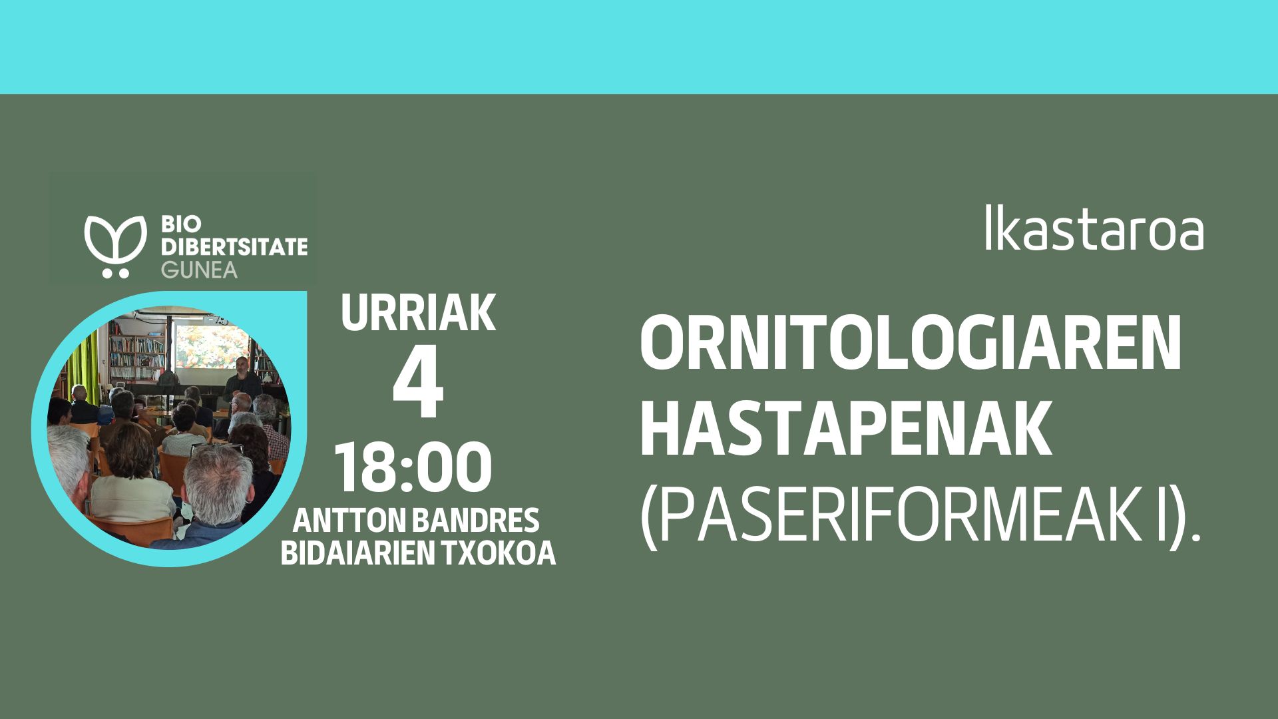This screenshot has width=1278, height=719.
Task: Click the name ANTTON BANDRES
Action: coord(417,521)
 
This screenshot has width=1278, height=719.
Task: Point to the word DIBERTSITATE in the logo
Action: coord(234,248)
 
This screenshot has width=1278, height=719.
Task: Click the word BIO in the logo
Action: coord(178,226)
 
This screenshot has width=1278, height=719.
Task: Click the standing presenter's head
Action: coord(242,363)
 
